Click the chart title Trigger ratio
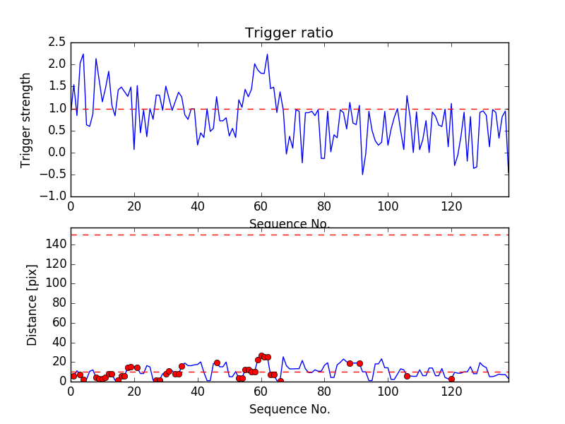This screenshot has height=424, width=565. [x=289, y=33]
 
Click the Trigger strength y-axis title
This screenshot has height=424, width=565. [x=26, y=120]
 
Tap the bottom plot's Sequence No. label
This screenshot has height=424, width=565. [x=289, y=409]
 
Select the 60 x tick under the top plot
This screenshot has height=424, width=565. [x=261, y=207]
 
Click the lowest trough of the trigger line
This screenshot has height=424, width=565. [x=362, y=174]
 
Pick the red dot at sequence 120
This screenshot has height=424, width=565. [x=451, y=379]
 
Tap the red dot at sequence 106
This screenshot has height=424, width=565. [x=407, y=376]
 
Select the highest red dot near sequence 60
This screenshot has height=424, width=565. [x=261, y=355]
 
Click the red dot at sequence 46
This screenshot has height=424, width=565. [x=217, y=363]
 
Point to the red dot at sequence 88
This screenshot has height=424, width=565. [x=350, y=363]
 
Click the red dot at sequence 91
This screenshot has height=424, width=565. [x=359, y=363]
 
